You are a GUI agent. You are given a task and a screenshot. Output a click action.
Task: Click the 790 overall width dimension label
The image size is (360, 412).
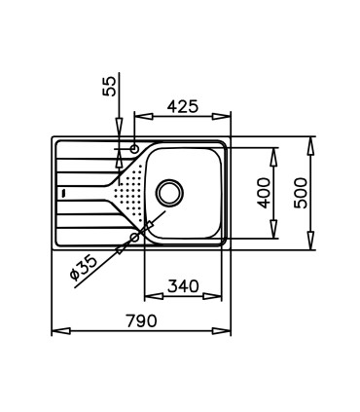tap(141, 320)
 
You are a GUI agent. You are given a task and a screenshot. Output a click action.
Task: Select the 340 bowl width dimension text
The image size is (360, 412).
tap(183, 286)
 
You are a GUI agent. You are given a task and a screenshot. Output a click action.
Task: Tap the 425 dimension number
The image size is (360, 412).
tap(182, 106)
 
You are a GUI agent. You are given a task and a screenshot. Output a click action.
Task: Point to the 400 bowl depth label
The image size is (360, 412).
tap(264, 193)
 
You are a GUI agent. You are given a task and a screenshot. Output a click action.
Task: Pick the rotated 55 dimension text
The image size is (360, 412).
tap(109, 86)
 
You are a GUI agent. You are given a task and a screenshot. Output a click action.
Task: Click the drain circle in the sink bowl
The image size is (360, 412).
tap(169, 193)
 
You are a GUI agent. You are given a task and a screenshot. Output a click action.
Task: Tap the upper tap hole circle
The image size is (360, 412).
tap(134, 149)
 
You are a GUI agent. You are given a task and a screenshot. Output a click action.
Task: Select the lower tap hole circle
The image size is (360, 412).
tap(134, 238)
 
